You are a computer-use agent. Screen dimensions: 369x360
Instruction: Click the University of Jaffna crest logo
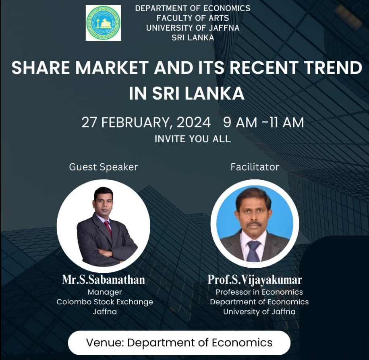(103, 23)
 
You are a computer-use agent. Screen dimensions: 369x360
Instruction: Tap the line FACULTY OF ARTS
(193, 18)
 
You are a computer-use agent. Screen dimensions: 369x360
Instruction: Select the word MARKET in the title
(112, 68)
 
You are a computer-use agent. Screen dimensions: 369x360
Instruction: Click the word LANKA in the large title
(214, 94)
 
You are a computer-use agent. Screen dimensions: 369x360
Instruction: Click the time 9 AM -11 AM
(263, 123)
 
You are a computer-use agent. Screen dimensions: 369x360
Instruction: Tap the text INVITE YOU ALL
(193, 139)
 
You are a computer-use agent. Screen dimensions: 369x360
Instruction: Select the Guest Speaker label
(104, 167)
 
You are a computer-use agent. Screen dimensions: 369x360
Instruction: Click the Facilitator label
(255, 167)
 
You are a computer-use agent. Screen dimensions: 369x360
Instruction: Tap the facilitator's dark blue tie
(253, 251)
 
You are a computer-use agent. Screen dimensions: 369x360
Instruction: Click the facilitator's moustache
(254, 224)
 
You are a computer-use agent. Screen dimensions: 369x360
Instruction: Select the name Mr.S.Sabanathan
(104, 280)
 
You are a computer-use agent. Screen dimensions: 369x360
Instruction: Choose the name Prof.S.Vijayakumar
(255, 280)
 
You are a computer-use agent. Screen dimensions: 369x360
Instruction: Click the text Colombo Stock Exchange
(105, 302)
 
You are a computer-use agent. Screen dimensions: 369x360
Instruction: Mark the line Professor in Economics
(259, 292)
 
